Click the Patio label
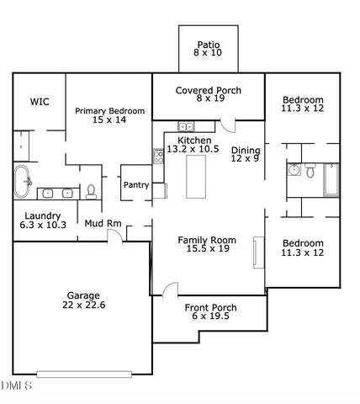point(208,45)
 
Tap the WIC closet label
point(40,101)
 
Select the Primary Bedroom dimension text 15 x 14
point(109,120)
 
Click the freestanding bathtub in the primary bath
point(23,182)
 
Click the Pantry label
point(136,184)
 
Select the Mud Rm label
point(103,224)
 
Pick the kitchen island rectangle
point(197,176)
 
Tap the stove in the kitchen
point(157,155)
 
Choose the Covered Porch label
point(208,90)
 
